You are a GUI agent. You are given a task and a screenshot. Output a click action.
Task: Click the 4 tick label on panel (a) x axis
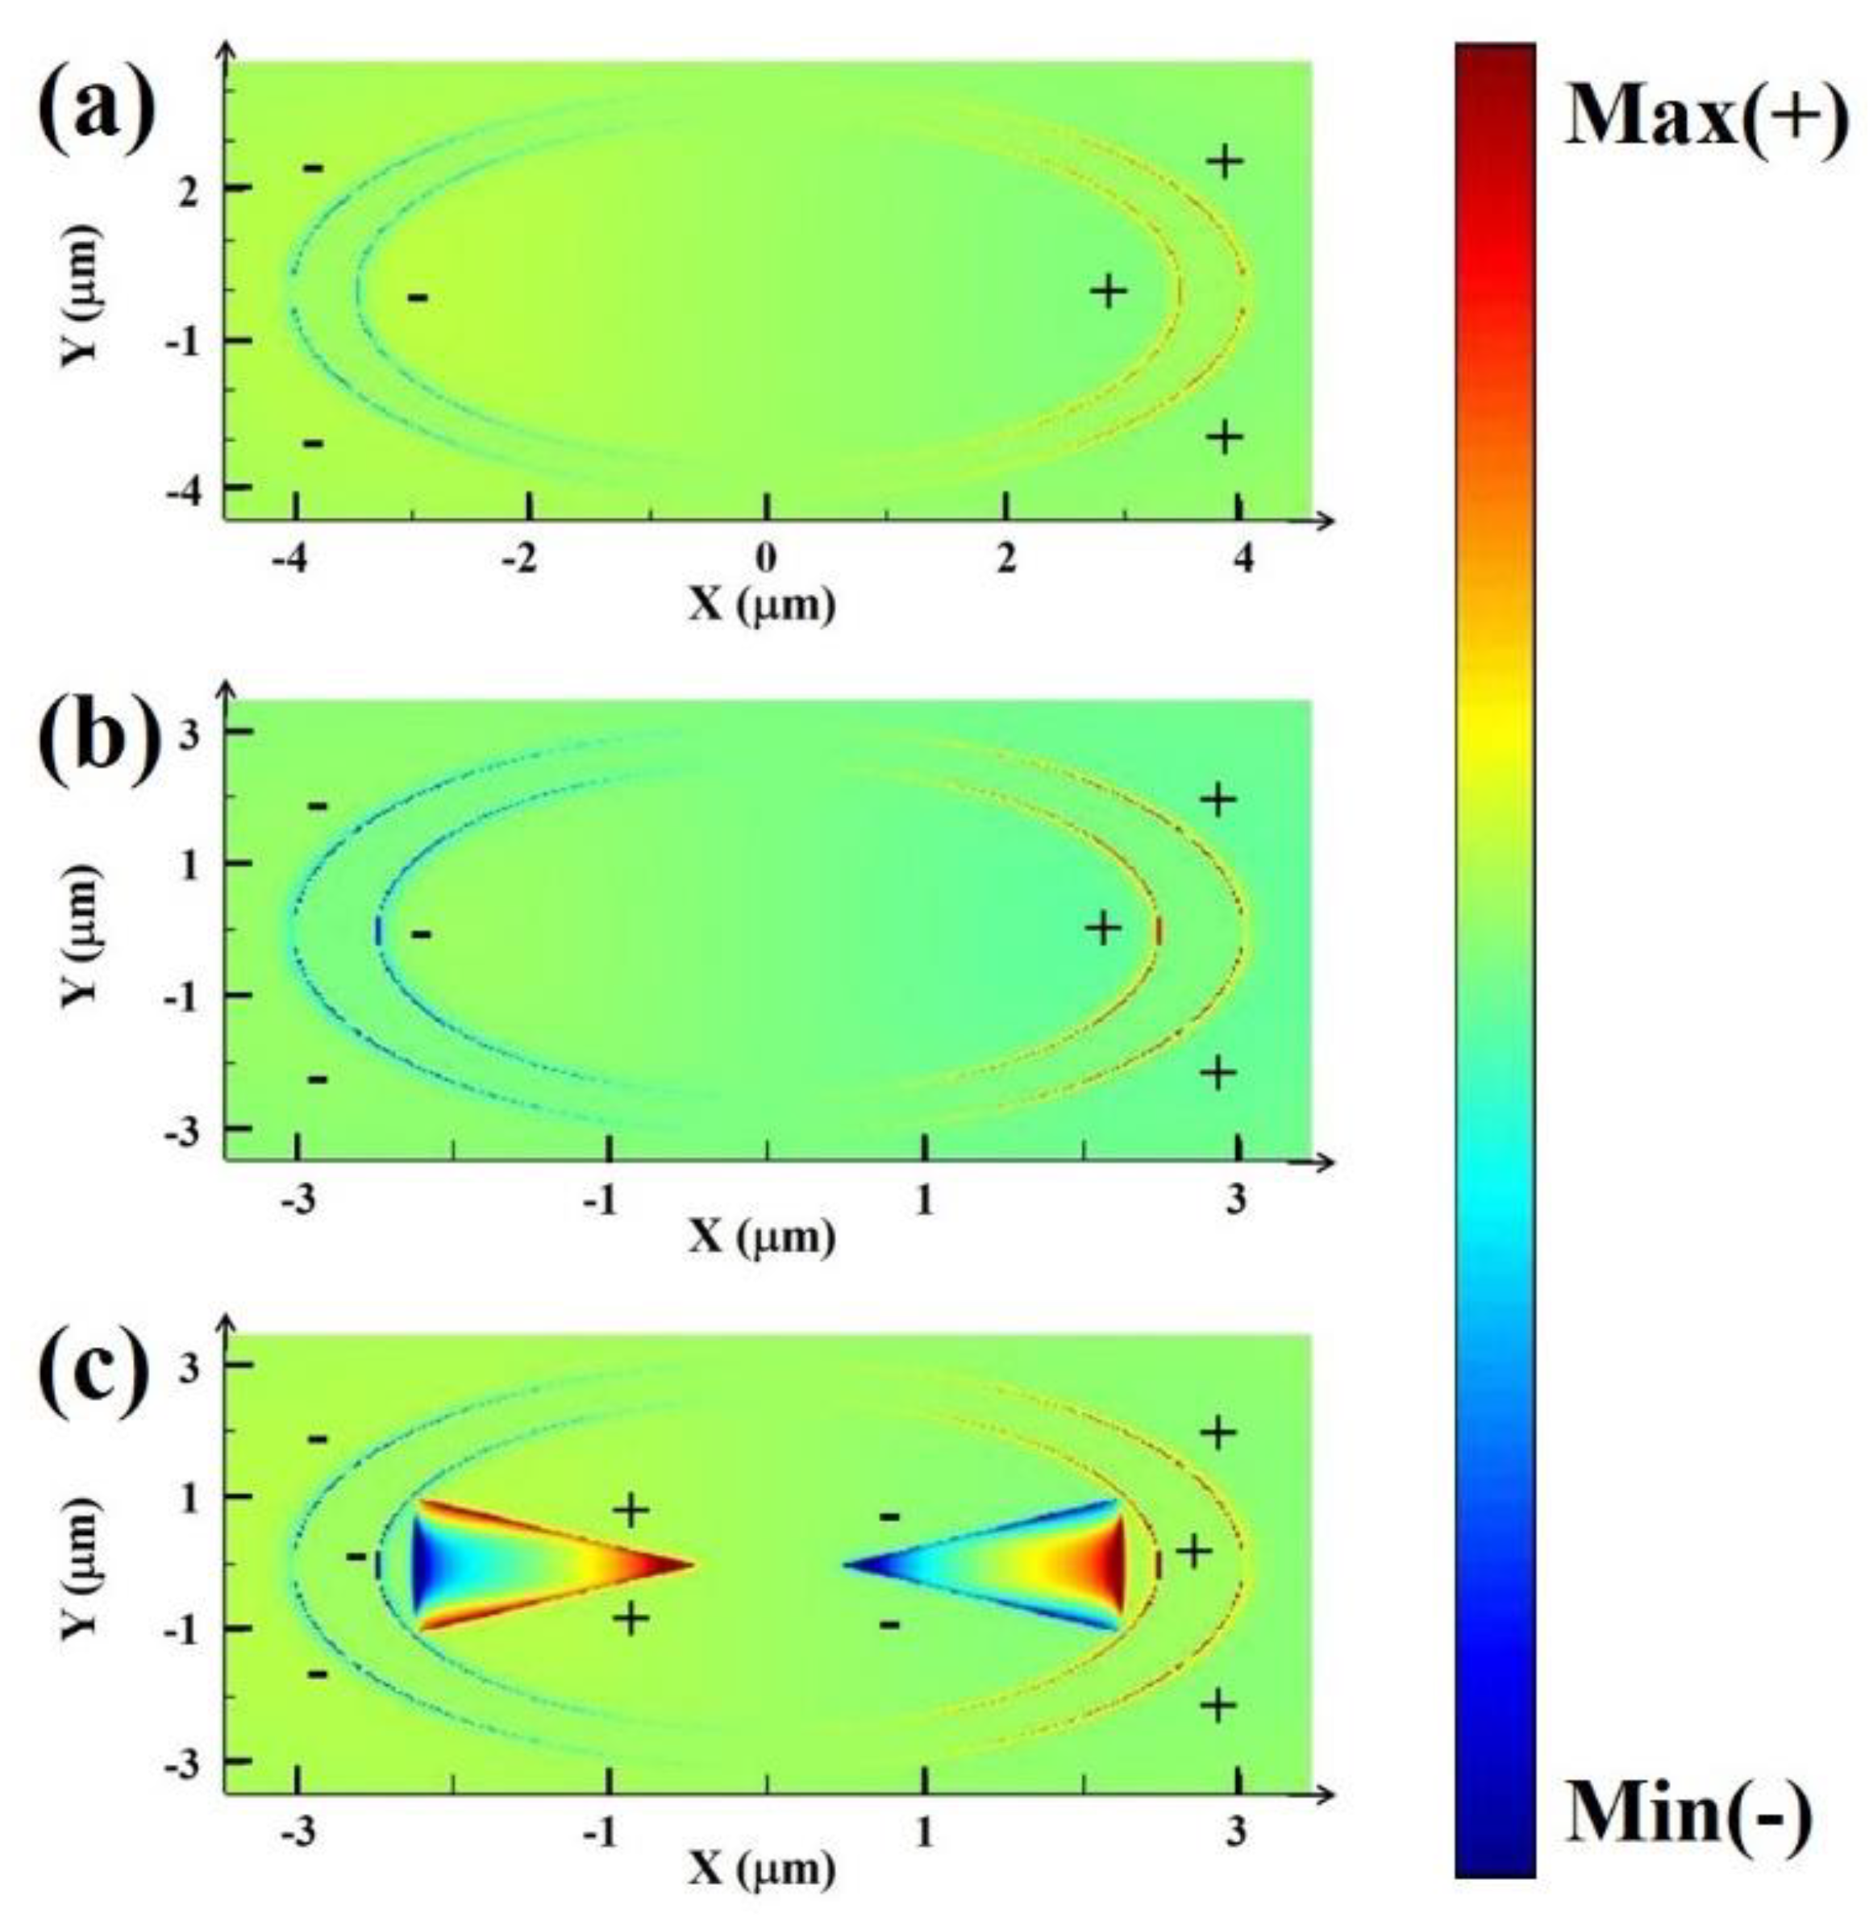click(1243, 559)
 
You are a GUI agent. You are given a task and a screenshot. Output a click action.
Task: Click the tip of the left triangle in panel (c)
click(693, 1564)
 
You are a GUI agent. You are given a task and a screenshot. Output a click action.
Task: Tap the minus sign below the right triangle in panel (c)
click(889, 1624)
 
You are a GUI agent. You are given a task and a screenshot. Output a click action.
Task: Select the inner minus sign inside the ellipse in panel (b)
click(421, 933)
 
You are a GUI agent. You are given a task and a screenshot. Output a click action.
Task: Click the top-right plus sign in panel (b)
click(1218, 800)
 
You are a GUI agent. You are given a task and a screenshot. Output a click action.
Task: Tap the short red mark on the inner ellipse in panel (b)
click(1159, 929)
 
